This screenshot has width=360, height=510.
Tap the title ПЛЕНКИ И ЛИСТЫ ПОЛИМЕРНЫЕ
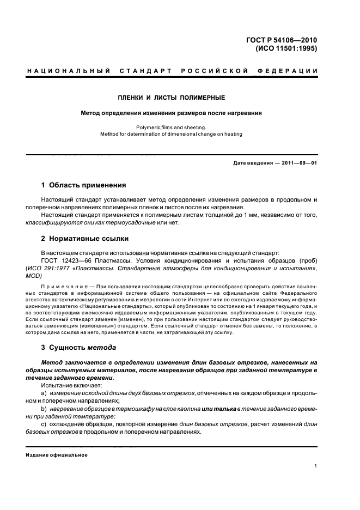click(172, 98)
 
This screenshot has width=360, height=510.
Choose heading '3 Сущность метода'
click(79, 347)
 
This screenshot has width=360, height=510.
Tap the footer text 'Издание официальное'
click(57, 454)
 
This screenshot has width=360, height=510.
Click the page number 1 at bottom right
click(316, 466)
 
